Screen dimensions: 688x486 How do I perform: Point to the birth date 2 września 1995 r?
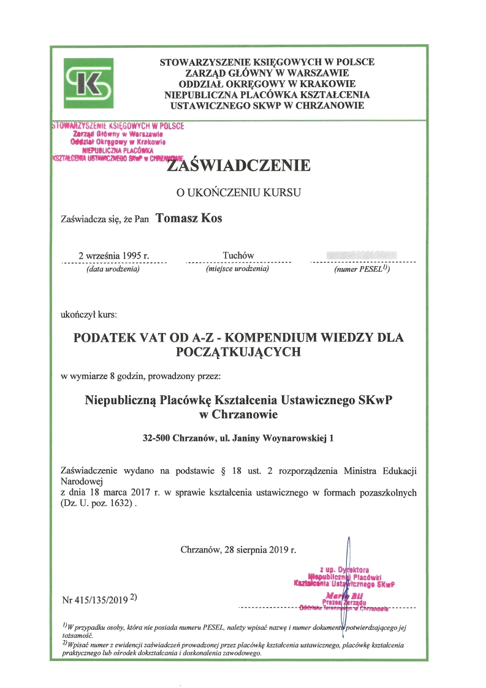tap(114, 256)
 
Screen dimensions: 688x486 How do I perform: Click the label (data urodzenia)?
tap(114, 269)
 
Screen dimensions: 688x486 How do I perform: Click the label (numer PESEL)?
tap(362, 269)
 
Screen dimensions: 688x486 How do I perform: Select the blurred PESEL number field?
tap(362, 254)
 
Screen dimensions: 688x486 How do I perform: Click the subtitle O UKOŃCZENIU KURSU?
tap(238, 192)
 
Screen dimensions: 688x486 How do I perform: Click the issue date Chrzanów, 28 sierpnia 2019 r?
tap(238, 549)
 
